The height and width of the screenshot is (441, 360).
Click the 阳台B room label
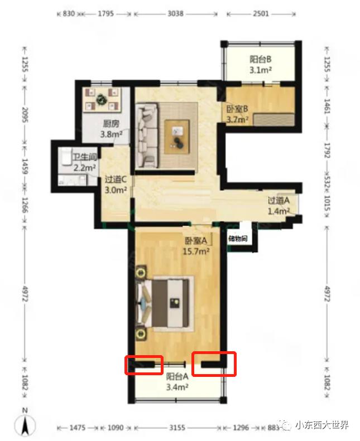tap(260, 59)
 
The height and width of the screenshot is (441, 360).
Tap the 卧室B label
tap(237, 109)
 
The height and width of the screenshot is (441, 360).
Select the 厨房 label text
tap(111, 123)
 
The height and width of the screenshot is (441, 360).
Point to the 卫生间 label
tap(85, 157)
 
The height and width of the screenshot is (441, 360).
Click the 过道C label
tap(116, 179)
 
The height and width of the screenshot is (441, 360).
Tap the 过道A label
tap(279, 200)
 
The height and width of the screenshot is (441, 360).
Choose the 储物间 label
tap(238, 239)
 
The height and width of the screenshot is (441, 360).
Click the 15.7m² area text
tap(196, 251)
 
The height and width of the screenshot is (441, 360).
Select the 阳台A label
tap(177, 376)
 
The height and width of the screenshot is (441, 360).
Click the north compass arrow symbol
tap(25, 425)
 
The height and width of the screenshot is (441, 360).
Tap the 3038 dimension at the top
tap(175, 13)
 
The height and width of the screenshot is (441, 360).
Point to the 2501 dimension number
tap(261, 13)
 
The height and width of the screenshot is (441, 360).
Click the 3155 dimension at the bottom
tap(177, 428)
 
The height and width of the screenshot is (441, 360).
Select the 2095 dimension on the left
tap(25, 115)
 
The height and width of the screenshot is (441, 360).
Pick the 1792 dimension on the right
tap(327, 150)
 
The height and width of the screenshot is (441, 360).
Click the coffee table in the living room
tap(177, 137)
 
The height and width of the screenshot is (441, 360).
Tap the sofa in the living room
tap(147, 136)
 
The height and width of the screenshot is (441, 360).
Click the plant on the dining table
tap(100, 99)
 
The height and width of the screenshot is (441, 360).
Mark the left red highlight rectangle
tap(144, 365)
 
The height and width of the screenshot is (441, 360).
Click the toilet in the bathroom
tap(65, 157)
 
